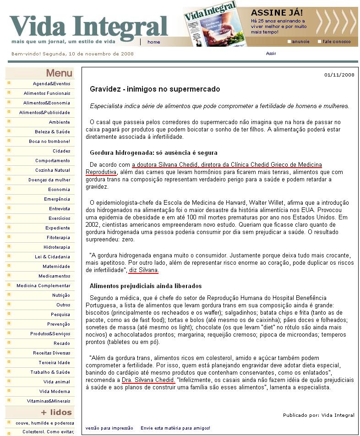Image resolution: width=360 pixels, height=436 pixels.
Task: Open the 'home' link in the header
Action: [x=154, y=42]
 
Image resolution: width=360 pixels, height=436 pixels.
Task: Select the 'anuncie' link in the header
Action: [x=300, y=42]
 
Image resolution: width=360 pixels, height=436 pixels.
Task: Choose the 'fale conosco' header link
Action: [x=337, y=42]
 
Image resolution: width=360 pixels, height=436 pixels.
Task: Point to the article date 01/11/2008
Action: [x=339, y=75]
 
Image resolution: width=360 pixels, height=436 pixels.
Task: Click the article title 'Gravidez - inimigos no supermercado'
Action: [x=155, y=89]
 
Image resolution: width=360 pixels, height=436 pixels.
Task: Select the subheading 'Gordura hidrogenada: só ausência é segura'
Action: [x=153, y=153]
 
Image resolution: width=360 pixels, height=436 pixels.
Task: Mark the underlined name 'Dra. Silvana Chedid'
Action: [x=148, y=380]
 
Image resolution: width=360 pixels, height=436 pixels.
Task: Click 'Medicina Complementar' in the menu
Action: [x=44, y=286]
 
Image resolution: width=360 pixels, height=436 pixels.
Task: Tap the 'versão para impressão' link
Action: [x=109, y=428]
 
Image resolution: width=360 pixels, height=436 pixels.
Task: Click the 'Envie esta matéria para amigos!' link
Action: [x=175, y=428]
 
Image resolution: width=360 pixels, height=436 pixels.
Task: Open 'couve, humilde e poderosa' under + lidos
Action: [x=45, y=423]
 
